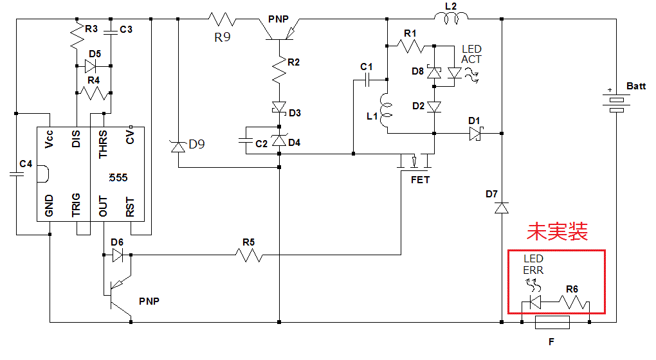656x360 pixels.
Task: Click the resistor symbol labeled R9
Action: (x=222, y=20)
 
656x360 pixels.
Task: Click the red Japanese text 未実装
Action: (x=557, y=231)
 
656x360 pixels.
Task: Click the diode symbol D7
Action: (x=502, y=208)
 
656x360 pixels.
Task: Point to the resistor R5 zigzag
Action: (x=249, y=255)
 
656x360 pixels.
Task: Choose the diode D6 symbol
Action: (x=117, y=255)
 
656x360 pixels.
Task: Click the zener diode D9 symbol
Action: (x=178, y=147)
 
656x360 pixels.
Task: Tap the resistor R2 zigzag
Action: (x=280, y=71)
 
